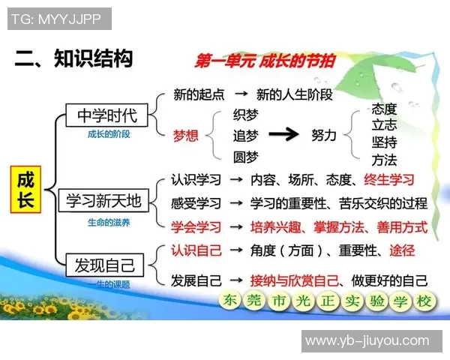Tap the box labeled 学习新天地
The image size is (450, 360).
[x=103, y=201]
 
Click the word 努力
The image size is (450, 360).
[x=324, y=135]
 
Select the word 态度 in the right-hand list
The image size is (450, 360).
[x=384, y=109]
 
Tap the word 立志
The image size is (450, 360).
[x=384, y=125]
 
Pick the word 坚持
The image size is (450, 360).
[x=384, y=142]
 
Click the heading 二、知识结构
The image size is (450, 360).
[x=73, y=58]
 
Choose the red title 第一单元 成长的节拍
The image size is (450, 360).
[x=265, y=61]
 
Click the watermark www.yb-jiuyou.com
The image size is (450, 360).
[x=367, y=340]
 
